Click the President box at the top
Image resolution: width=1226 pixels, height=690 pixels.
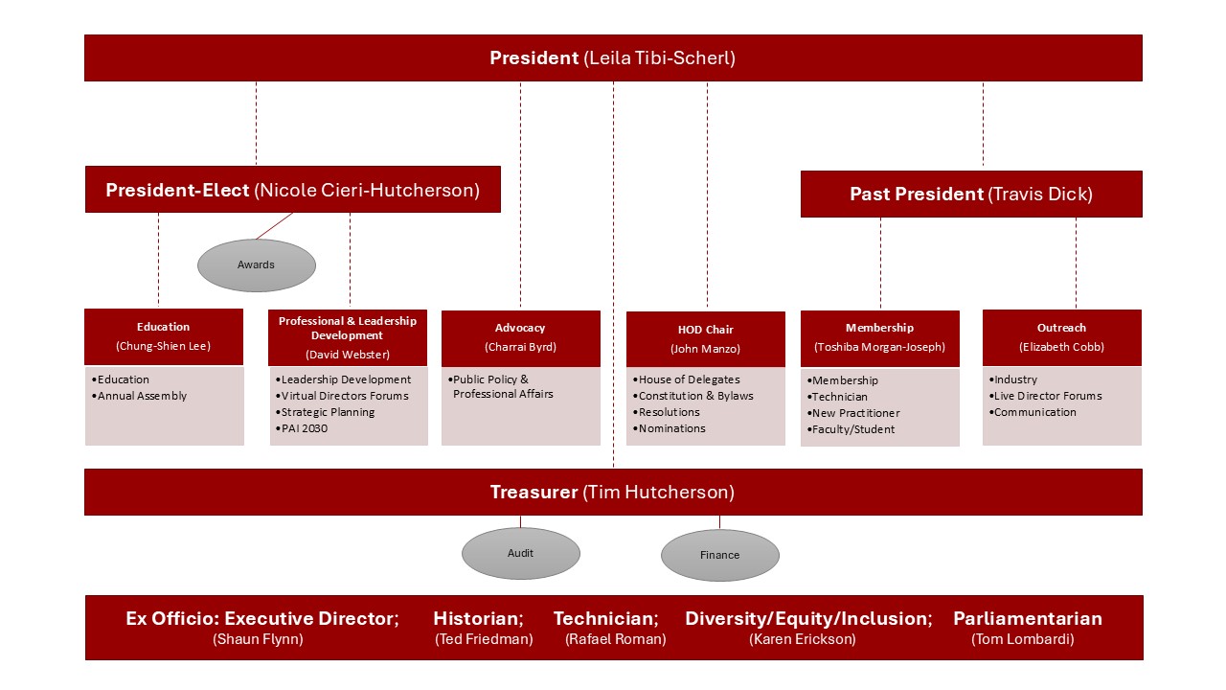coord(613,58)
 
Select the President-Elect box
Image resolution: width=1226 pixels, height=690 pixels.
coord(292,190)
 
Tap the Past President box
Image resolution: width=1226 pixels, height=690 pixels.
coord(970,195)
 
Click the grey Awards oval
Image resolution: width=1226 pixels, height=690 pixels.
coord(256,264)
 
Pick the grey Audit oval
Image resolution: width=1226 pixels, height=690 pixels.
coord(520,554)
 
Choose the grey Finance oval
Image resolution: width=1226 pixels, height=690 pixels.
coord(719,555)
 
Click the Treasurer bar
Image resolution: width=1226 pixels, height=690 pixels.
coord(613,493)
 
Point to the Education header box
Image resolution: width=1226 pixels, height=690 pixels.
coord(164,336)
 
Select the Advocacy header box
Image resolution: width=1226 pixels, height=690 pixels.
coord(520,337)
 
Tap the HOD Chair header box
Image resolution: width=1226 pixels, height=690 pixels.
coord(706,339)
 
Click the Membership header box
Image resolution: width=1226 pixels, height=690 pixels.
coord(879,337)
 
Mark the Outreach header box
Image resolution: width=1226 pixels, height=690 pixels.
coord(1061,337)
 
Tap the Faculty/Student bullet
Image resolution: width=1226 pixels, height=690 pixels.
coord(853,429)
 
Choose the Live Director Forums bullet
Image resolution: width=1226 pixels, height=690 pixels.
coord(1048,396)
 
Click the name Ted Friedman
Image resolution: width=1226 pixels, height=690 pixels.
coord(484,639)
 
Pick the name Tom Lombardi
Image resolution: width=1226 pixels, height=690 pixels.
coord(1022,639)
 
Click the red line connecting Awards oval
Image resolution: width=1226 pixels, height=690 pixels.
coord(275,226)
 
